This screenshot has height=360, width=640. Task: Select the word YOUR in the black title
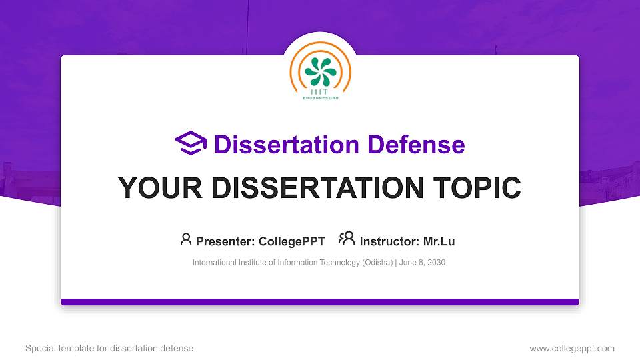coord(156,188)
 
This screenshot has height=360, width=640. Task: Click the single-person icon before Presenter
coord(186,239)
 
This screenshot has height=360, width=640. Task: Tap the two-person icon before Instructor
coord(347,239)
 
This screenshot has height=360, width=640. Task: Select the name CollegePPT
coord(292,241)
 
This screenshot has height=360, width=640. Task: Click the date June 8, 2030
coord(422,263)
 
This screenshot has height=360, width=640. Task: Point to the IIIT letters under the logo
coord(320,92)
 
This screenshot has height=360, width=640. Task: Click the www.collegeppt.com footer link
coord(571,348)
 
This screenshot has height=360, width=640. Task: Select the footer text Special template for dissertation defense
coord(109,348)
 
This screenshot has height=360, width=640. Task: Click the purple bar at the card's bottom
coord(320,302)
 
